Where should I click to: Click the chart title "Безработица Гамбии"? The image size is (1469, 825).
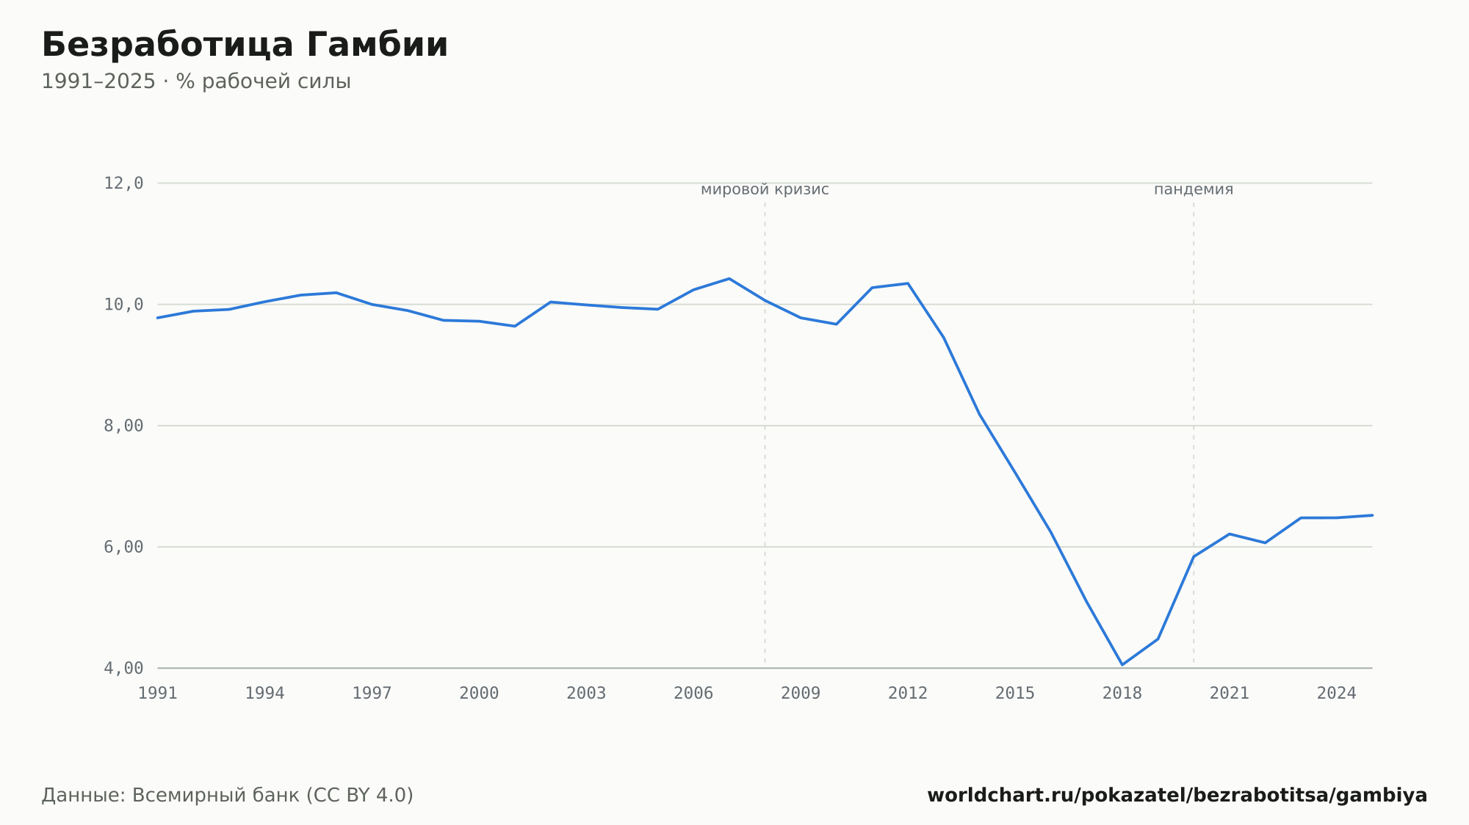pyautogui.click(x=245, y=46)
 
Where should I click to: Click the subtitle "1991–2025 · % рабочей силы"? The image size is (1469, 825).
pyautogui.click(x=196, y=81)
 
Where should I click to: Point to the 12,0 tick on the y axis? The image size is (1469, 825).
pyautogui.click(x=123, y=183)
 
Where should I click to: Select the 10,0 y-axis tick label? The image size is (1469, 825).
pyautogui.click(x=123, y=305)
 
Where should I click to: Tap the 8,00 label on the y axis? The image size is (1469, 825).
pyautogui.click(x=123, y=426)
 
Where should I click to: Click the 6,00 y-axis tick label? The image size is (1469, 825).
pyautogui.click(x=123, y=547)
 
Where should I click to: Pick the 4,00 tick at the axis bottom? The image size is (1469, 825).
pyautogui.click(x=123, y=668)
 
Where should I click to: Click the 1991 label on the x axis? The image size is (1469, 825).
pyautogui.click(x=158, y=694)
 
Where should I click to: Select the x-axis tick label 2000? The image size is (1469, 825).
pyautogui.click(x=479, y=694)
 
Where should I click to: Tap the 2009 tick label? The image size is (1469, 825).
pyautogui.click(x=801, y=694)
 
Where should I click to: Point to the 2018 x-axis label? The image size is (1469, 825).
pyautogui.click(x=1122, y=694)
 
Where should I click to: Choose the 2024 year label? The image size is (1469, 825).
pyautogui.click(x=1337, y=694)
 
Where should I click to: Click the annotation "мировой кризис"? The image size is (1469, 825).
pyautogui.click(x=765, y=190)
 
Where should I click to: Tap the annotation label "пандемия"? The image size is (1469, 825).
pyautogui.click(x=1194, y=190)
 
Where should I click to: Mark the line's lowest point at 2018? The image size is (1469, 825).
pyautogui.click(x=1122, y=665)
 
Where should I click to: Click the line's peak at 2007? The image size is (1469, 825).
pyautogui.click(x=729, y=279)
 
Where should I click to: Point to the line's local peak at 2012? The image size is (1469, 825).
pyautogui.click(x=908, y=283)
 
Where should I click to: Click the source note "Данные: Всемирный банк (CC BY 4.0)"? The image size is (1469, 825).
pyautogui.click(x=228, y=796)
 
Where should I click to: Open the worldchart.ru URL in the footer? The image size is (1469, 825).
pyautogui.click(x=1177, y=796)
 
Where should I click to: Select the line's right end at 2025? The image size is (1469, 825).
pyautogui.click(x=1372, y=515)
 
